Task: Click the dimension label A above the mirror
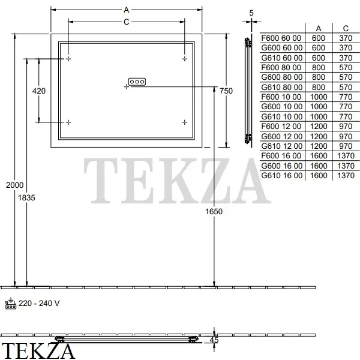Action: (x=126, y=10)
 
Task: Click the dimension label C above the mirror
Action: (x=126, y=22)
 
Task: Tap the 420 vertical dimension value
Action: (x=39, y=91)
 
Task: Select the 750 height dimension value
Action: (x=226, y=91)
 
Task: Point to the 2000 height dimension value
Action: (x=14, y=185)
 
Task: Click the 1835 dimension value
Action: (x=26, y=197)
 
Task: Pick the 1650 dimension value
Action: (x=214, y=211)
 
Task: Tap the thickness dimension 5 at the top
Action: (x=251, y=13)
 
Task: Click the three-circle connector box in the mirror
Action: (x=137, y=82)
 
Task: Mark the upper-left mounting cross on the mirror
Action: (x=68, y=59)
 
